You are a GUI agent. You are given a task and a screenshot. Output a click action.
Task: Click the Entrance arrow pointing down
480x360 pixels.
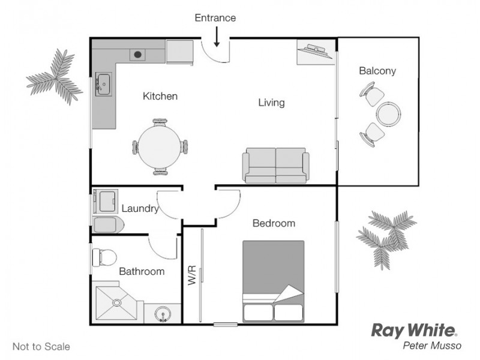pyautogui.click(x=217, y=38)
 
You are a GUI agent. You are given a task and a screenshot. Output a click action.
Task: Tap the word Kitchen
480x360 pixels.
pyautogui.click(x=160, y=96)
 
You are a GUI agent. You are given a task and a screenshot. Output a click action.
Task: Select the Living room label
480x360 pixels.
pyautogui.click(x=271, y=103)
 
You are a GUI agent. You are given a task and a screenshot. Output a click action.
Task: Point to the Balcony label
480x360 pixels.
pyautogui.click(x=377, y=71)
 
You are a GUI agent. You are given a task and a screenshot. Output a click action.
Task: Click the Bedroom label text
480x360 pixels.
pyautogui.click(x=274, y=223)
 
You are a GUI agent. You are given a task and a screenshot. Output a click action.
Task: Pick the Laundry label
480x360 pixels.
pyautogui.click(x=140, y=209)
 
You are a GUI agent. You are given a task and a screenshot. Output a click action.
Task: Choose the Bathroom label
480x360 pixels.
pyautogui.click(x=142, y=271)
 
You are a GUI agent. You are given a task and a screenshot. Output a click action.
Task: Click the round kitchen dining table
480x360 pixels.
pyautogui.click(x=160, y=147)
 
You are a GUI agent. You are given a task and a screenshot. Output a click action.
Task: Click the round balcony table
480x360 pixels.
pyautogui.click(x=388, y=113)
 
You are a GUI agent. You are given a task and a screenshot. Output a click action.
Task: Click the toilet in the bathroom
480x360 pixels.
pyautogui.click(x=104, y=257)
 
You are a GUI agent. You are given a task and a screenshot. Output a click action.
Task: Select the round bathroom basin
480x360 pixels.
pyautogui.click(x=163, y=314)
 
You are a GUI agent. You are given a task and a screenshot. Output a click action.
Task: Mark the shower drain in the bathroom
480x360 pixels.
pyautogui.click(x=116, y=303)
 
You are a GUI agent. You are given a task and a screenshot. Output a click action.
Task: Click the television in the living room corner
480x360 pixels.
pyautogui.click(x=316, y=52)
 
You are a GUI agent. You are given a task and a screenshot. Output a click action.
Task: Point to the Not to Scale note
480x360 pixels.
pyautogui.click(x=41, y=346)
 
